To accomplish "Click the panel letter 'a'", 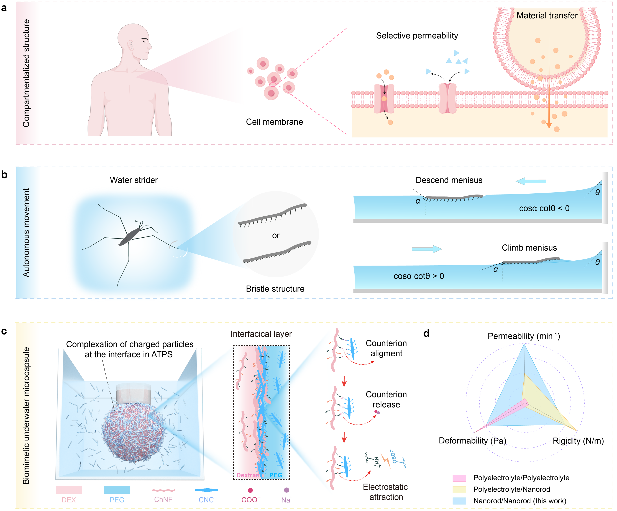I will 4,8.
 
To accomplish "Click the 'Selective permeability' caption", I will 417,36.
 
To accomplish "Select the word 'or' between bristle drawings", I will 276,235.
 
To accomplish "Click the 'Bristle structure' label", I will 275,289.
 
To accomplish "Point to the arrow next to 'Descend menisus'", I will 531,181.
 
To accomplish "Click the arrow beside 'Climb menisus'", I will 427,249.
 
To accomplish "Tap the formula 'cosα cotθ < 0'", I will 544,208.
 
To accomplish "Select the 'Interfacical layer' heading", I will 261,334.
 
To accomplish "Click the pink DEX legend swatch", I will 69,490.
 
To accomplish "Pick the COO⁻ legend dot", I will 250,490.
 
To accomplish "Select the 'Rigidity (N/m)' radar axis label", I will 578,441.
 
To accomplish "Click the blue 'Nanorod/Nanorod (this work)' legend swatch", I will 459,501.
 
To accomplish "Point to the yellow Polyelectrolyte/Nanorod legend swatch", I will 459,489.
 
